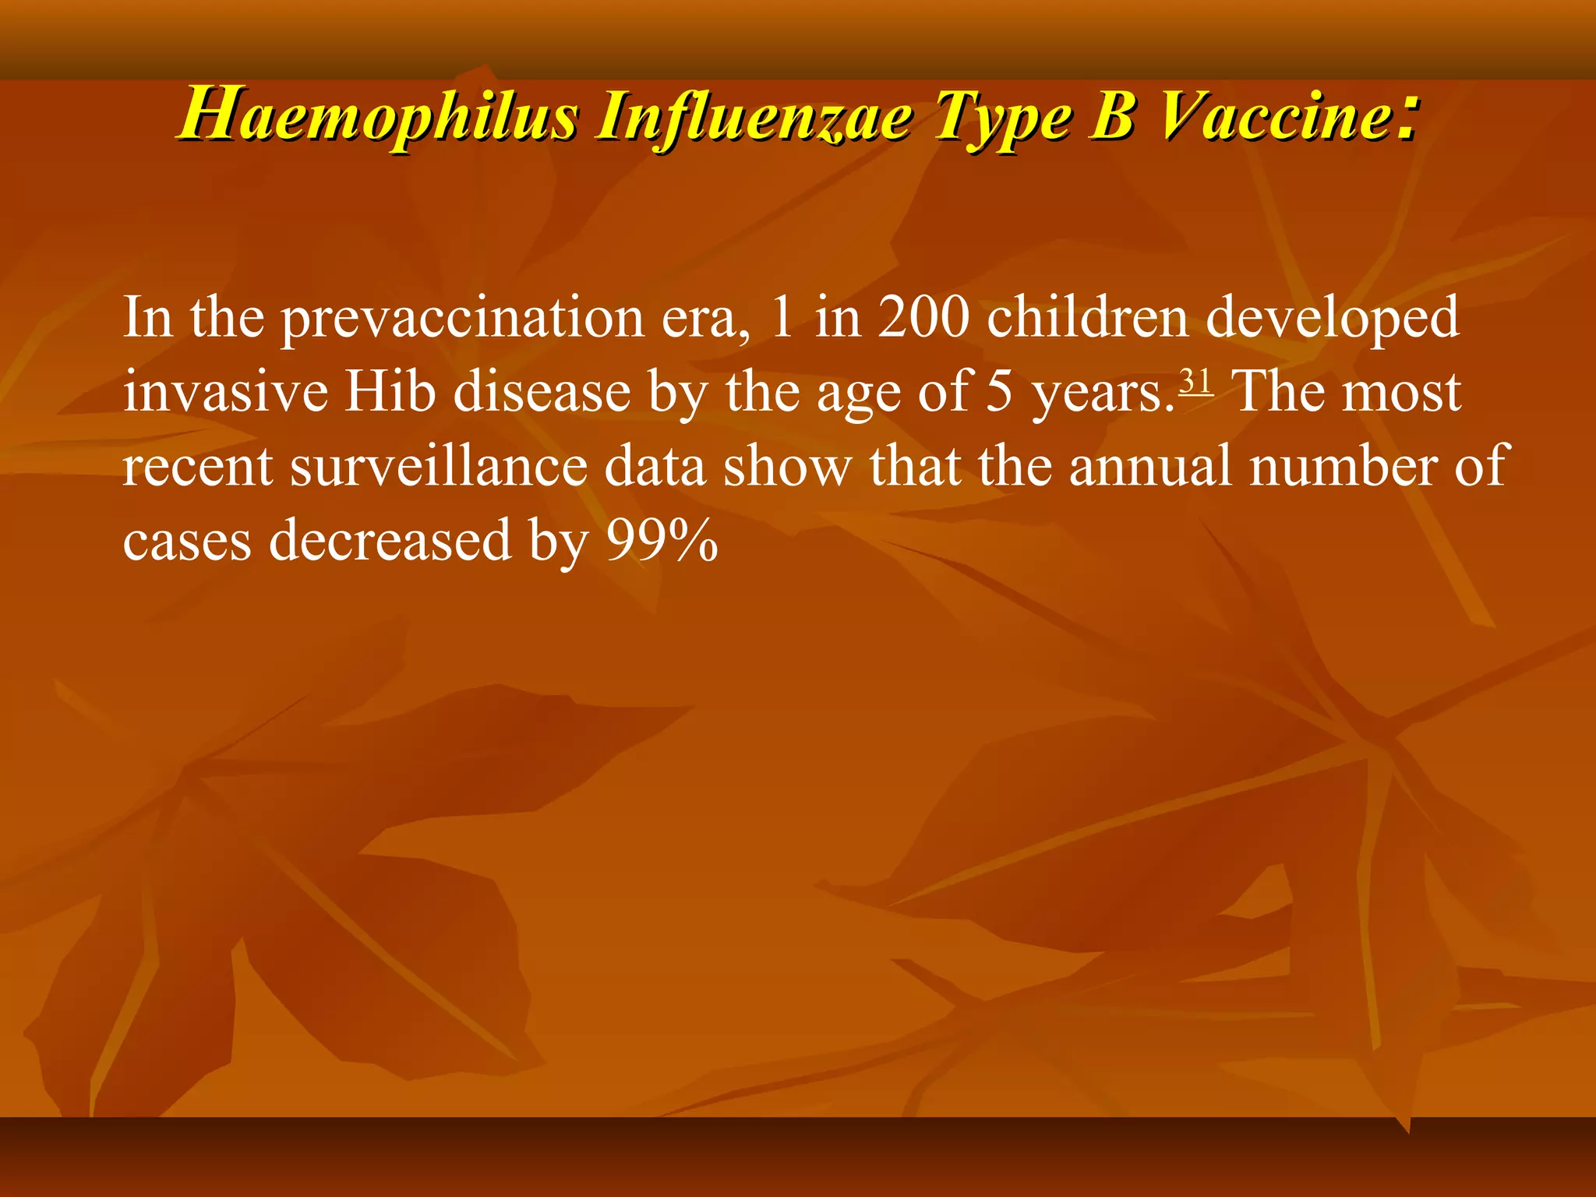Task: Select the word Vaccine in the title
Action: [1275, 117]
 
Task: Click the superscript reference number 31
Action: [1195, 382]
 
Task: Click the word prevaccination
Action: [462, 320]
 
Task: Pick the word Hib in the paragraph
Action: [390, 391]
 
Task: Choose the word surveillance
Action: [439, 466]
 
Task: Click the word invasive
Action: [225, 391]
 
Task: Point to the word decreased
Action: [390, 540]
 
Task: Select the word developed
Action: [1333, 320]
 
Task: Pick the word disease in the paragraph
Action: [542, 391]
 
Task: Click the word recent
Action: [197, 466]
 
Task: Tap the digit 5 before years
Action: [1000, 391]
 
